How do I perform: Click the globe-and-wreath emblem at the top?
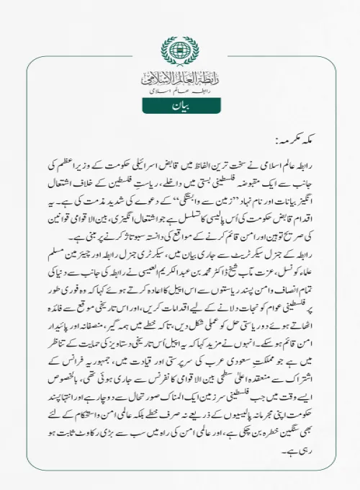pos(180,51)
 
